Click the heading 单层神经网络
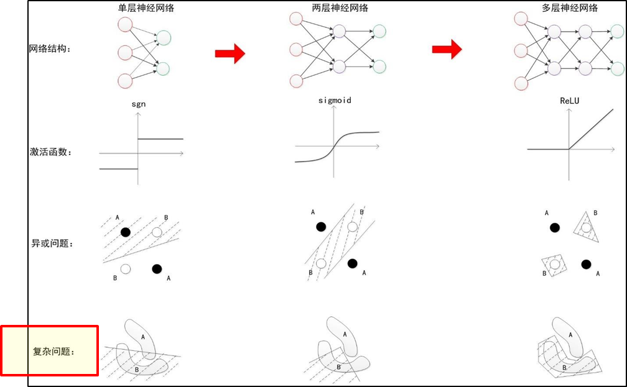pos(142,8)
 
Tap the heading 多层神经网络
pos(570,8)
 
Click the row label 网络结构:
pos(50,49)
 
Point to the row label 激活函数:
pos(50,152)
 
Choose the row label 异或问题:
pos(52,243)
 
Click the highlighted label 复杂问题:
pos(53,352)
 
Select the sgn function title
pos(138,104)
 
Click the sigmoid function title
pos(334,99)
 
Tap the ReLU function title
pos(569,100)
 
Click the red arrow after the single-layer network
pos(230,54)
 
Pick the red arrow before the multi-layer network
pos(447,49)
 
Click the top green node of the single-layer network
pos(164,39)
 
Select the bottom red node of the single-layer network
pos(125,81)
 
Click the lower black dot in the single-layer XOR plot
pos(156,268)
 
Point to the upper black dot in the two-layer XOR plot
pos(320,227)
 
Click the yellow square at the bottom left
pos(14,351)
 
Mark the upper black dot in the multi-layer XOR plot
pos(554,228)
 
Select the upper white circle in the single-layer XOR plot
pos(157,232)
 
